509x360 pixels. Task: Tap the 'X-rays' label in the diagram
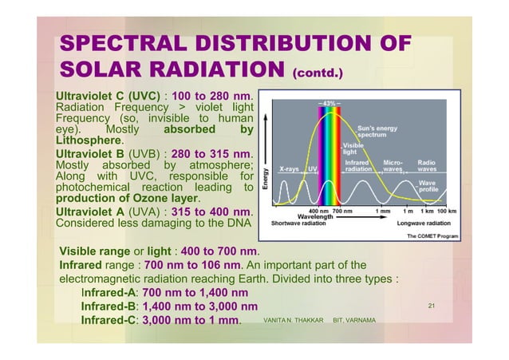pos(290,169)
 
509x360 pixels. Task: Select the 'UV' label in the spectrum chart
pos(313,169)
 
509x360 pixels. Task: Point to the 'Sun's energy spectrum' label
pos(377,131)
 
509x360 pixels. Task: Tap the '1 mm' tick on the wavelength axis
pos(383,211)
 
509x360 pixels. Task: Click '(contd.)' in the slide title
pos(317,76)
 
